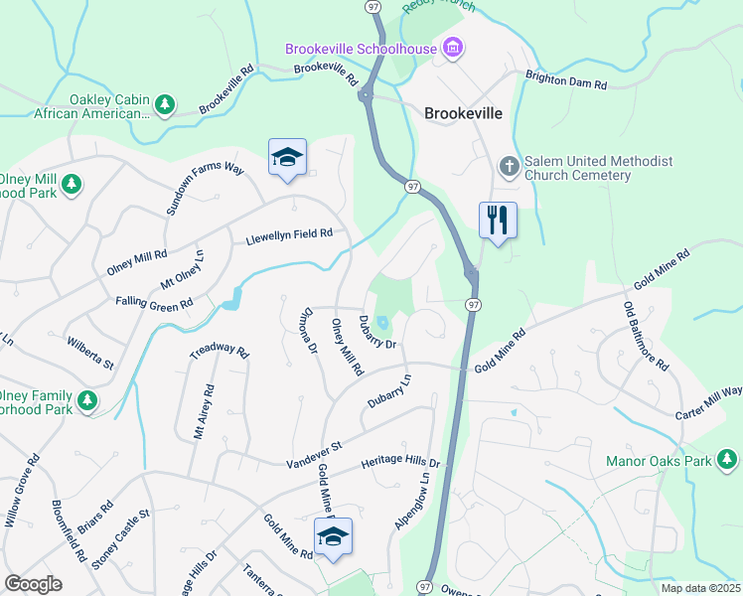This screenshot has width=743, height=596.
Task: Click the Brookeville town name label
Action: [x=463, y=113]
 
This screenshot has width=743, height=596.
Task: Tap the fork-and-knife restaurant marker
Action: [x=498, y=219]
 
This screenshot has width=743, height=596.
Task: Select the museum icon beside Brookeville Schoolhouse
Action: [x=453, y=48]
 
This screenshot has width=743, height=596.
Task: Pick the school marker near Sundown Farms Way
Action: [x=287, y=157]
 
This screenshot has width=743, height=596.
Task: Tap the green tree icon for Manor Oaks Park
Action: [x=728, y=460]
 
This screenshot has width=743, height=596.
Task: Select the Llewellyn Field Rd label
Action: [x=288, y=237]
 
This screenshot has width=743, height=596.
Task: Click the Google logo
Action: [x=33, y=583]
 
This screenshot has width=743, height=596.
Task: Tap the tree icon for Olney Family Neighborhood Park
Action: [x=88, y=400]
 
